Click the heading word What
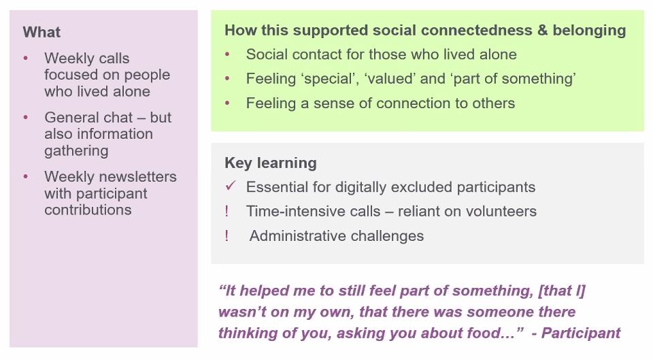coord(41,32)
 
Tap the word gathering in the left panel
coord(76,150)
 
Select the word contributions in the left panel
coord(88,210)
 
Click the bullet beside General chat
coord(26,118)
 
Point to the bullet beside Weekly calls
coord(26,59)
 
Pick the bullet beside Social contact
coord(228,54)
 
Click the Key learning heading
coord(270,163)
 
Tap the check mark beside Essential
coord(230,186)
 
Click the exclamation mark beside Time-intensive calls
coord(227,212)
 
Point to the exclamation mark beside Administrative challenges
coord(227,236)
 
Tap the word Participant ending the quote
coord(581,333)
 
